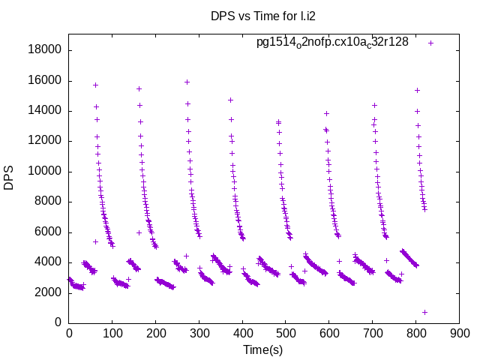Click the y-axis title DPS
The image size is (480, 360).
click(x=10, y=178)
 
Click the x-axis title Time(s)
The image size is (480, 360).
click(x=263, y=349)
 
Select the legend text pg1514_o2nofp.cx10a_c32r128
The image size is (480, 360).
click(x=332, y=42)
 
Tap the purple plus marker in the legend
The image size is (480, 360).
click(x=430, y=43)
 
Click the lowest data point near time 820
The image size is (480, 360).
click(x=424, y=312)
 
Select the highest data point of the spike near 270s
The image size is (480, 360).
click(x=187, y=82)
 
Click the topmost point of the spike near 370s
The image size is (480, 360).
click(x=230, y=100)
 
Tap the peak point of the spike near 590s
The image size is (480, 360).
click(x=326, y=113)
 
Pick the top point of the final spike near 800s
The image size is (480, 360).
click(x=417, y=90)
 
